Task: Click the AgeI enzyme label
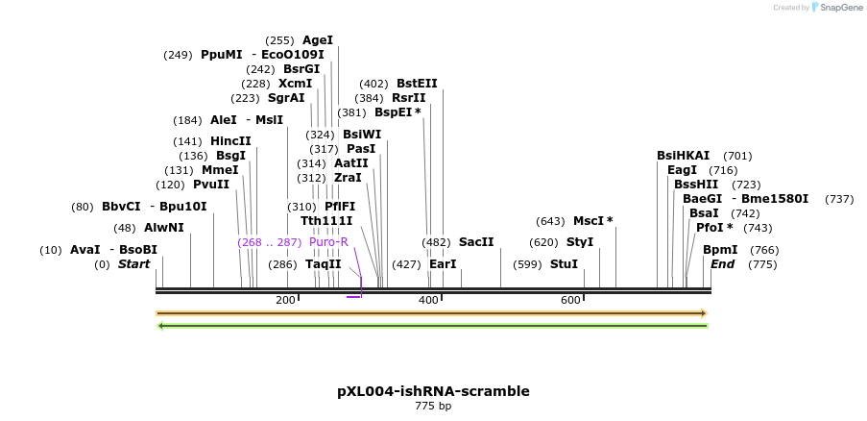317,40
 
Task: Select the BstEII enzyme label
417,84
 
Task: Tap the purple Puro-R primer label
328,242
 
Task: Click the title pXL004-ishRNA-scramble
433,391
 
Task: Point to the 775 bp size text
433,407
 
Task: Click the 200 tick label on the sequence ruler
285,301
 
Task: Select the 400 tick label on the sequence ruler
428,301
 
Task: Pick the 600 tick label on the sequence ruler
570,301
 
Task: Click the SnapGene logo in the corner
834,8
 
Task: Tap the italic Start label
133,264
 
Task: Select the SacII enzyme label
475,242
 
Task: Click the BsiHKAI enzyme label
683,156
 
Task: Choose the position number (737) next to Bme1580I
838,199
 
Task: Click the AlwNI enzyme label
163,228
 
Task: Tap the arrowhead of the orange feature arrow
704,313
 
